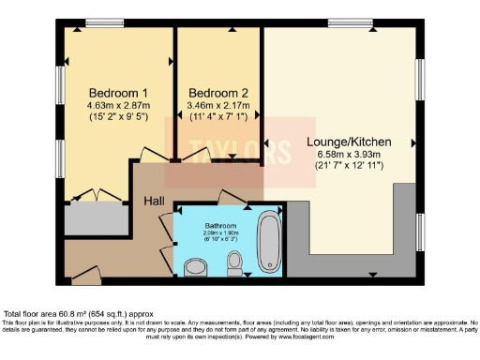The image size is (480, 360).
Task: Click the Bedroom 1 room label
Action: [118, 93]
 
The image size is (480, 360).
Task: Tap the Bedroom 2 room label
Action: [218, 93]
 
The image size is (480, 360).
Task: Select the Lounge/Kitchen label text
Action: [348, 142]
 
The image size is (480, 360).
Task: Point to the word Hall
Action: [155, 201]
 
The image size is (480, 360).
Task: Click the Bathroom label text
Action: [222, 226]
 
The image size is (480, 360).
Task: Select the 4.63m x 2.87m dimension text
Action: [118, 107]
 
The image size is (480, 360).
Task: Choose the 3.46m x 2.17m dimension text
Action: [218, 107]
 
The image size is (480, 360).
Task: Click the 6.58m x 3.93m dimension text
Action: [348, 156]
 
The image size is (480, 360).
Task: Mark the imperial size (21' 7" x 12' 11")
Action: [348, 167]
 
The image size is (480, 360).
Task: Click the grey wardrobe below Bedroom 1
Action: [96, 217]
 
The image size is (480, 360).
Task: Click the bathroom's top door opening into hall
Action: [230, 199]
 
